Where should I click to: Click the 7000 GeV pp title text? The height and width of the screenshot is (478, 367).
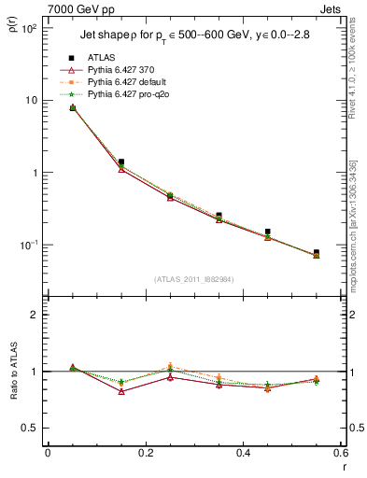[x=77, y=7]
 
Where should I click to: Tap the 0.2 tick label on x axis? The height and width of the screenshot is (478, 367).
[x=145, y=453]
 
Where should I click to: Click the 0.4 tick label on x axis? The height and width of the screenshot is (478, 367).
[x=243, y=453]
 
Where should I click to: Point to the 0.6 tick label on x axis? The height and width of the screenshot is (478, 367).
[x=340, y=453]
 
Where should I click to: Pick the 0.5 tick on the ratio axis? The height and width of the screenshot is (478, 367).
[x=34, y=428]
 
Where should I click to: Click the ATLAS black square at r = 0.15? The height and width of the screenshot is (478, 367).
[x=121, y=162]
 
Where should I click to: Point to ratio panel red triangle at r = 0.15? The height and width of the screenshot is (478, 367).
[x=121, y=391]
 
